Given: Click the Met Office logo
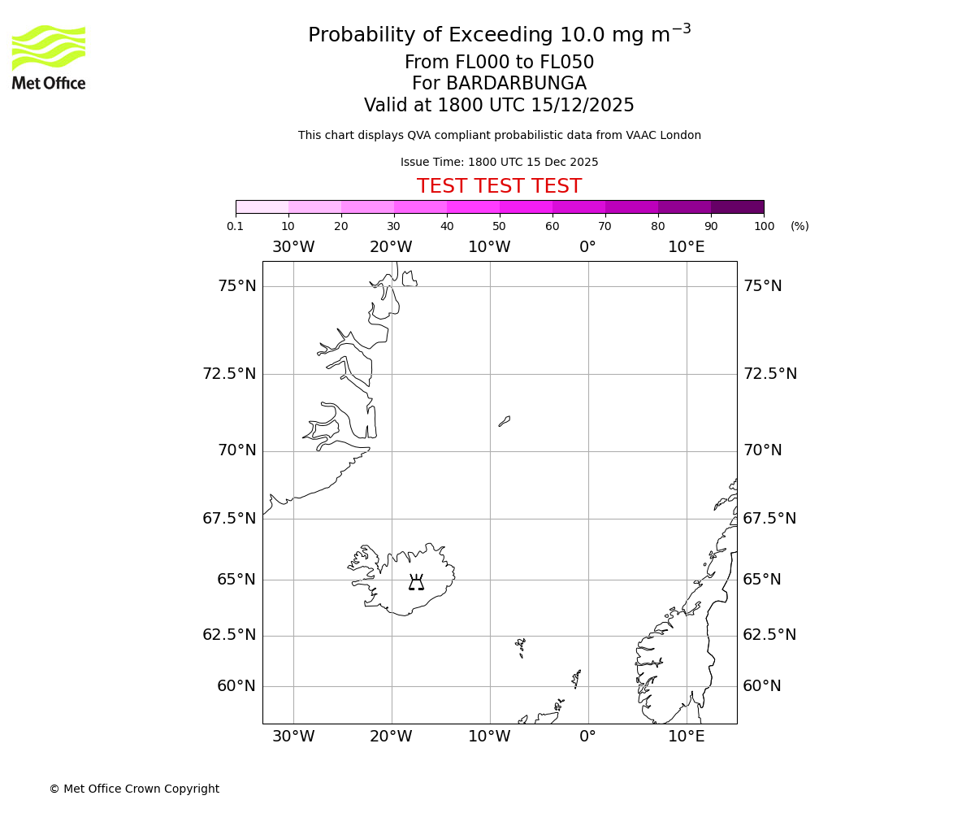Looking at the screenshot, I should pos(49,57).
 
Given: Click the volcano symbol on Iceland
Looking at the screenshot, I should pos(416,582).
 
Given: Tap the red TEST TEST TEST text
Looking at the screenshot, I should pos(499,187).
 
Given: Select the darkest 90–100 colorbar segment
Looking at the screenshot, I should pos(737,207).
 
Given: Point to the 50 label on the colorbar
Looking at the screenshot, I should pos(499,226).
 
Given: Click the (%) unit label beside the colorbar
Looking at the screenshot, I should pos(799,226).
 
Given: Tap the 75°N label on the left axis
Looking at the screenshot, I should pos(236,286).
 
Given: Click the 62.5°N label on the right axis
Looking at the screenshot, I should pos(769,635).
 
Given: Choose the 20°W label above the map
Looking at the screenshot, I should pos(391,247).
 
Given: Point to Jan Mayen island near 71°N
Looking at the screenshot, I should pos(505,421).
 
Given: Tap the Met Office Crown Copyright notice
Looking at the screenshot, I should pos(134,789).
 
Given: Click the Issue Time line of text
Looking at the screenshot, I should pos(499,163).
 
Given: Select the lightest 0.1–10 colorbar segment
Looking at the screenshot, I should pos(262,207).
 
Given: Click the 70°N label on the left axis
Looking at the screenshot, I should pos(236,450).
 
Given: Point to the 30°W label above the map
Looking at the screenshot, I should pos(292,247).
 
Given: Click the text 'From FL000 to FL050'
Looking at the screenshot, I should pos(499,63).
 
